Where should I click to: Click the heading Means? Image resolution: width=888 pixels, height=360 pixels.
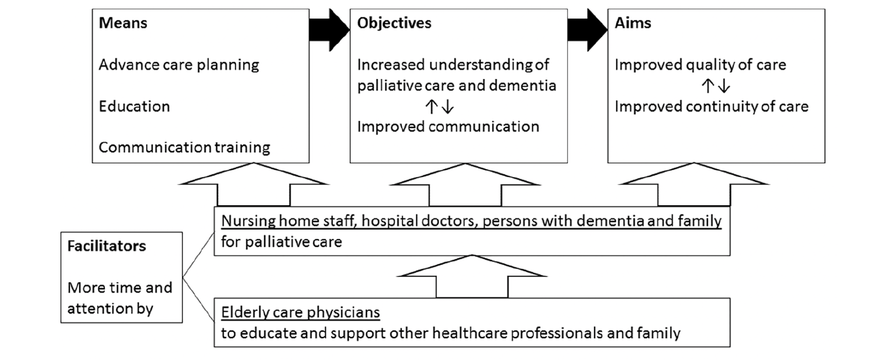pyautogui.click(x=123, y=23)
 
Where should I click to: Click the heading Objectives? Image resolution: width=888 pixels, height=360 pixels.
pyautogui.click(x=394, y=24)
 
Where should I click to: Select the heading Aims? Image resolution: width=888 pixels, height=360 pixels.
pyautogui.click(x=633, y=23)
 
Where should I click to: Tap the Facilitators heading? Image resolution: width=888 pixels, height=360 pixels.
pyautogui.click(x=106, y=246)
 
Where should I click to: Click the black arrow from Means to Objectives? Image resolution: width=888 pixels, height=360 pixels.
pyautogui.click(x=329, y=30)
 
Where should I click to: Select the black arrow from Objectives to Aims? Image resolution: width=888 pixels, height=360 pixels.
pyautogui.click(x=588, y=30)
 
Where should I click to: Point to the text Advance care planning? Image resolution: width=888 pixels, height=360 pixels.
pyautogui.click(x=179, y=65)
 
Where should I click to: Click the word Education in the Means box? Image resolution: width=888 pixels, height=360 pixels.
pyautogui.click(x=134, y=106)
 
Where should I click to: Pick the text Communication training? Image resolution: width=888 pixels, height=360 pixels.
pyautogui.click(x=184, y=148)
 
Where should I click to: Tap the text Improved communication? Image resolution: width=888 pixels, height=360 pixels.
pyautogui.click(x=448, y=127)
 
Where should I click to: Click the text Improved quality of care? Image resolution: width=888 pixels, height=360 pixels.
pyautogui.click(x=700, y=65)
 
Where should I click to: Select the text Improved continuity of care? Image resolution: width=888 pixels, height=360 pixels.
pyautogui.click(x=712, y=106)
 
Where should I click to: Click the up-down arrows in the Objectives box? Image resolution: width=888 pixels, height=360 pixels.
pyautogui.click(x=439, y=106)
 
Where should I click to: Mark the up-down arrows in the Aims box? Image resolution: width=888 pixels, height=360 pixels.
pyautogui.click(x=716, y=86)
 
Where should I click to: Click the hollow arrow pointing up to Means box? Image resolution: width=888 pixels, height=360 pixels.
pyautogui.click(x=254, y=185)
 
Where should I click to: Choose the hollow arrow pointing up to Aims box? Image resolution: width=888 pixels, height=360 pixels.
pyautogui.click(x=694, y=185)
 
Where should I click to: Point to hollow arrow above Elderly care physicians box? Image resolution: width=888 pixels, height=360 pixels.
pyautogui.click(x=472, y=277)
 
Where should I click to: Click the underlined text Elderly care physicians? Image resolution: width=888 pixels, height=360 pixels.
pyautogui.click(x=300, y=313)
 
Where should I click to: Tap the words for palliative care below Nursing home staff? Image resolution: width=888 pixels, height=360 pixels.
pyautogui.click(x=281, y=242)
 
